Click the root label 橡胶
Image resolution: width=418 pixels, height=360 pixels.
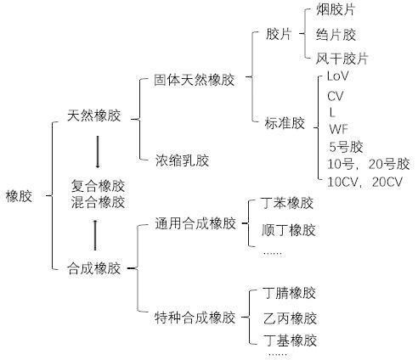[x=19, y=196]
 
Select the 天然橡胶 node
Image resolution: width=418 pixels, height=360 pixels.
[x=94, y=115]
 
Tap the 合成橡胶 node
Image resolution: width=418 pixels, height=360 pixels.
[x=94, y=268]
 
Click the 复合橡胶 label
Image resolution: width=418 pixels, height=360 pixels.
[x=98, y=186]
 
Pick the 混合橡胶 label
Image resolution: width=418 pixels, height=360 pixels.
[x=98, y=202]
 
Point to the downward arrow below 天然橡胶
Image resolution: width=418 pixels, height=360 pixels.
[x=98, y=152]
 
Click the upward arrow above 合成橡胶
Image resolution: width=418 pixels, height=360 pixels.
[x=95, y=235]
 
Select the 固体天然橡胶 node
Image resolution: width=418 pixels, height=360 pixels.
[x=195, y=80]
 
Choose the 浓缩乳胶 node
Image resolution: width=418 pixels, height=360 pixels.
[x=182, y=160]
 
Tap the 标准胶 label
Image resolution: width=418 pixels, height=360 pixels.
[x=285, y=123]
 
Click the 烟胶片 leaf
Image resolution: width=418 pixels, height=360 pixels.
[x=336, y=10]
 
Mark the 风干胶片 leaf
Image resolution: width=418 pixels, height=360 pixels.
[x=342, y=59]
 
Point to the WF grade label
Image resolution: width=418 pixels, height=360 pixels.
[x=338, y=129]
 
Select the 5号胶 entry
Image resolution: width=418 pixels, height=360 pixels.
[x=346, y=147]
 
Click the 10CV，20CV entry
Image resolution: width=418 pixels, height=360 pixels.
[x=364, y=182]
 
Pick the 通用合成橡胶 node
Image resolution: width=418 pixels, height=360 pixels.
[x=195, y=223]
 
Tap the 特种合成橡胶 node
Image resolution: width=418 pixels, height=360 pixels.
[x=195, y=318]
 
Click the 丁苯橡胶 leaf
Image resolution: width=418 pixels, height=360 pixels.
[x=288, y=203]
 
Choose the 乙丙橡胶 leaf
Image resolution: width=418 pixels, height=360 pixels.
[x=290, y=318]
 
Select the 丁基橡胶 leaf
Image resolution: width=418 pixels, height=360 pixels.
[x=290, y=340]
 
